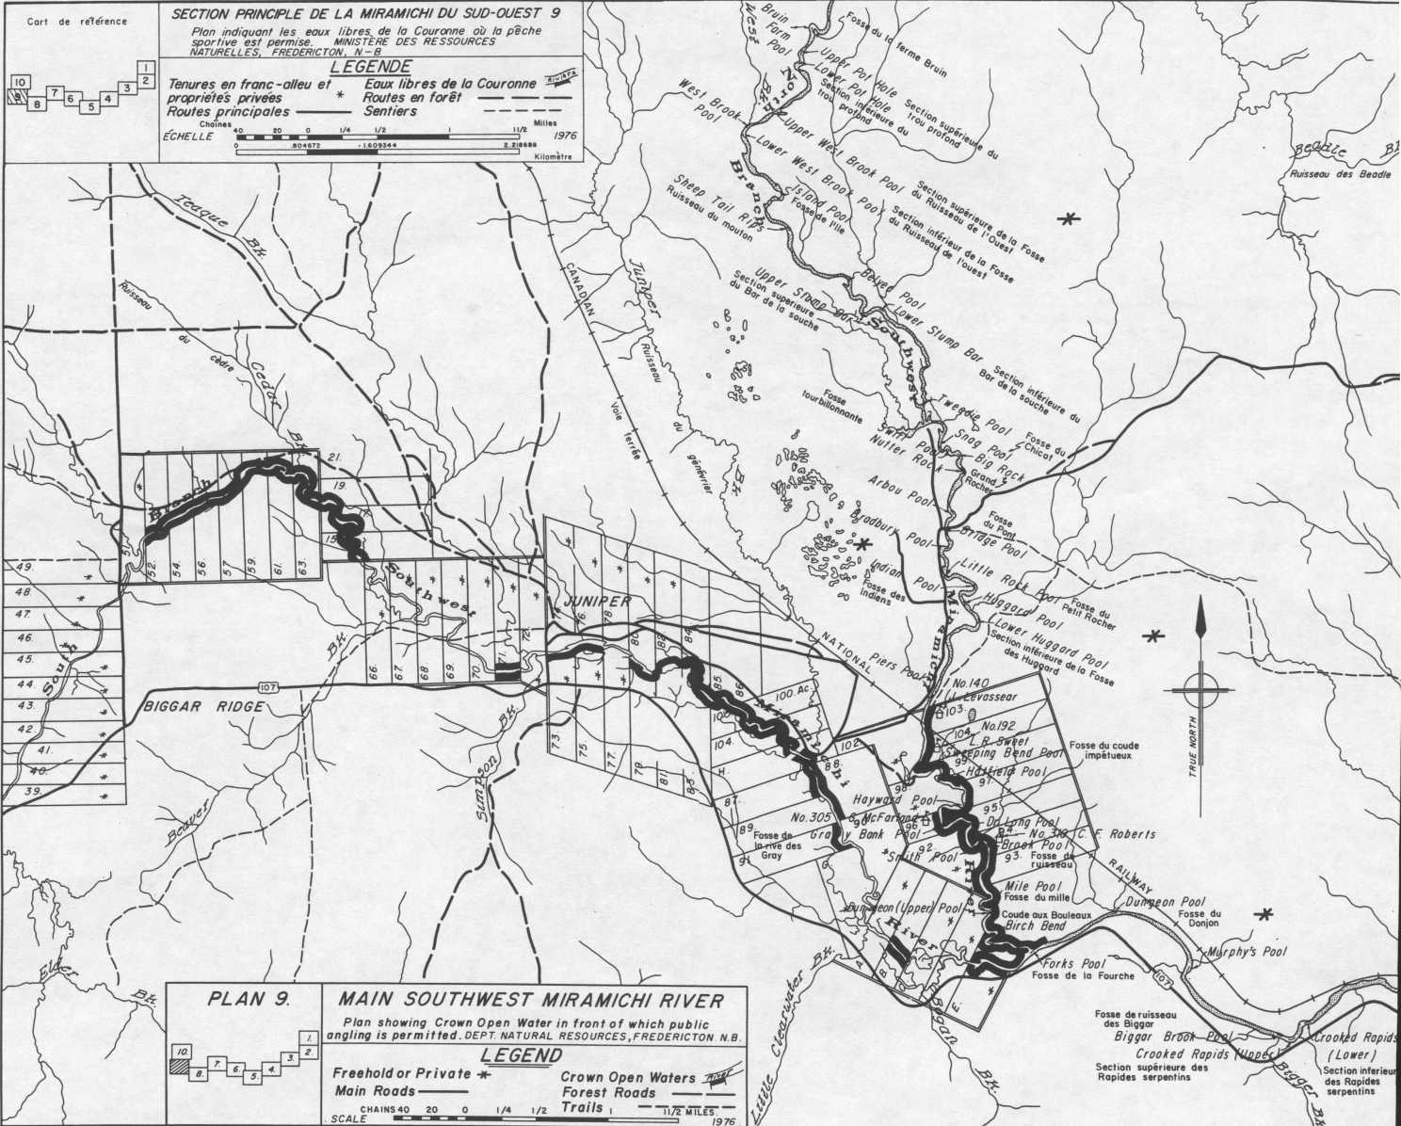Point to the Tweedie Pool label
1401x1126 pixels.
(975, 415)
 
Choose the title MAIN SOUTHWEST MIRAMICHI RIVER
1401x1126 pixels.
(533, 999)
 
